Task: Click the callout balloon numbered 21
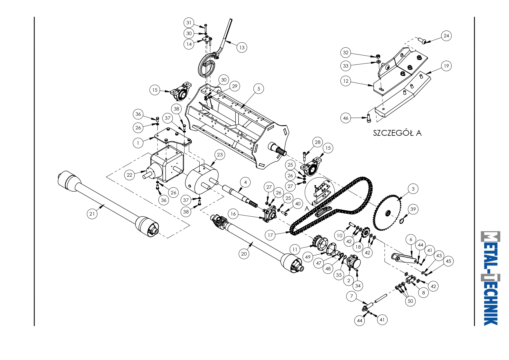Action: coord(92,214)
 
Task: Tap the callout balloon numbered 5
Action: coord(259,89)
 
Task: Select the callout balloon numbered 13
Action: coord(242,48)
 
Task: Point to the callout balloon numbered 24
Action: coord(446,36)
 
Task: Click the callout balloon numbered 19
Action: coord(446,66)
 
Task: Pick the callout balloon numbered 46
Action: coord(346,118)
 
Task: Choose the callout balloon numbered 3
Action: coord(413,189)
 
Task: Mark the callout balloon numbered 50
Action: coord(410,301)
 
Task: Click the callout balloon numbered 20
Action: coord(244,254)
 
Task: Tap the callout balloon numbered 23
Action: coord(220,155)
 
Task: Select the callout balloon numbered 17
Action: coord(270,235)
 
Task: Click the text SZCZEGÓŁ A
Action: coord(397,133)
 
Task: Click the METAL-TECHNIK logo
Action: coord(490,278)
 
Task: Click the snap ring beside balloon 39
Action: coord(402,221)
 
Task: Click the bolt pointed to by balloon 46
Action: coord(369,118)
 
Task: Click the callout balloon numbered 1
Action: coord(138,143)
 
